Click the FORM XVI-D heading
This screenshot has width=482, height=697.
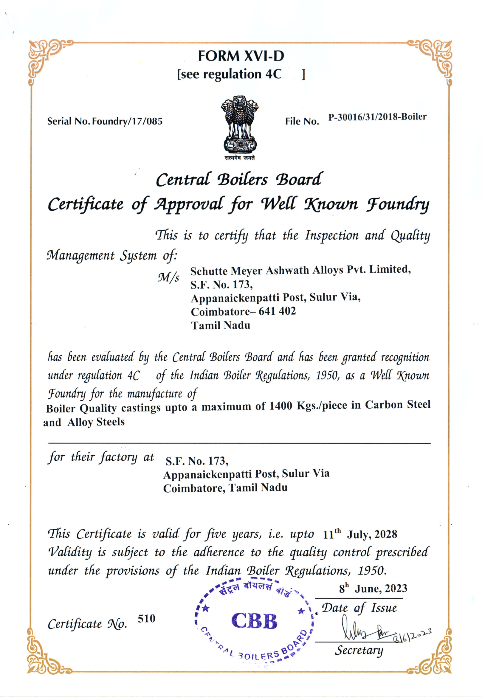[x=241, y=56]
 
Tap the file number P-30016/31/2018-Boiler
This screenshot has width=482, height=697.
[x=377, y=117]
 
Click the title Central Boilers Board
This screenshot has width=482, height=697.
[x=239, y=180]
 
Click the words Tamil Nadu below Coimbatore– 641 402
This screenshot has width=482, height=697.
[x=221, y=325]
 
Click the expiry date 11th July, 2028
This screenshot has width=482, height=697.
[x=360, y=534]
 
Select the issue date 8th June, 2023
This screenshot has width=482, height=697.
[x=373, y=589]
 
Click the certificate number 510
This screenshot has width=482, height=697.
[x=146, y=619]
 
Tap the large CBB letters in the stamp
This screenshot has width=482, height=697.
[x=254, y=621]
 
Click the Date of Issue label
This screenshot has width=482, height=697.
[x=359, y=608]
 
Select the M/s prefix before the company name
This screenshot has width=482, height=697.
[x=168, y=277]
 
